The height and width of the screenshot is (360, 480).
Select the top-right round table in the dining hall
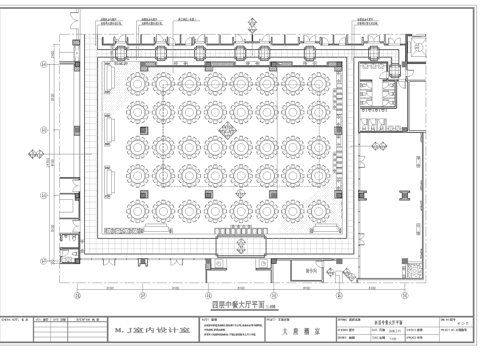[316, 78]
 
